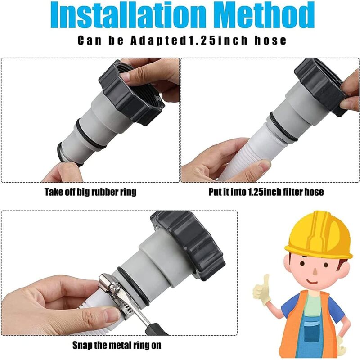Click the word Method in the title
pos(265,15)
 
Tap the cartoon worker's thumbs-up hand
pos(262,290)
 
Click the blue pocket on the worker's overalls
pos(312,331)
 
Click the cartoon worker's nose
pos(315,272)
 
